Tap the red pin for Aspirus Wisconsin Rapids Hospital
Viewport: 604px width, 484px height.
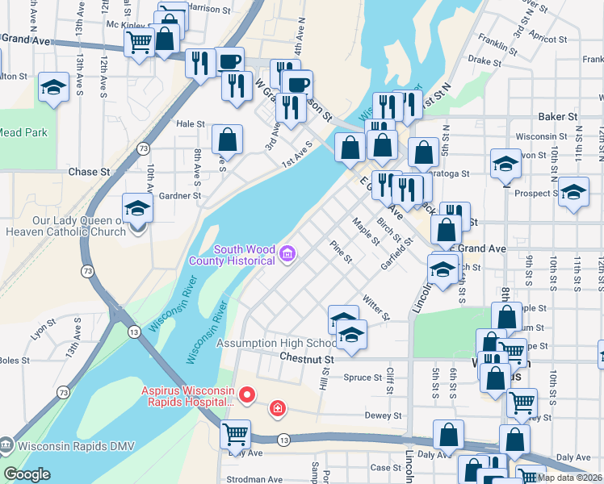pyautogui.click(x=247, y=395)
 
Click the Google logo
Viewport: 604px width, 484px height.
pyautogui.click(x=27, y=475)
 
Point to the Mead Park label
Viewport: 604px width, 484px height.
pyautogui.click(x=23, y=133)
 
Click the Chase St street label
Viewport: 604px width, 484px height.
pyautogui.click(x=89, y=172)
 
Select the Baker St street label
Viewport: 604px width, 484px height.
pyautogui.click(x=560, y=116)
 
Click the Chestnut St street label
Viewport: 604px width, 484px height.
pyautogui.click(x=307, y=358)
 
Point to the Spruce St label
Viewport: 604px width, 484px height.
pyautogui.click(x=363, y=378)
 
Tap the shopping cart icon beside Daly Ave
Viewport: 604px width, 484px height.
pyautogui.click(x=235, y=434)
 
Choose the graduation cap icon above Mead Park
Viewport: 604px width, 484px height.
pyautogui.click(x=53, y=88)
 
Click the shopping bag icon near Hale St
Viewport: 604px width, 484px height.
pyautogui.click(x=228, y=140)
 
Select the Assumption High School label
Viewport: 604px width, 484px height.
pyautogui.click(x=272, y=343)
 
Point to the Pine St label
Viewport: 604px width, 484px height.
pyautogui.click(x=341, y=251)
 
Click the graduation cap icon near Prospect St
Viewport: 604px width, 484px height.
pyautogui.click(x=573, y=193)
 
